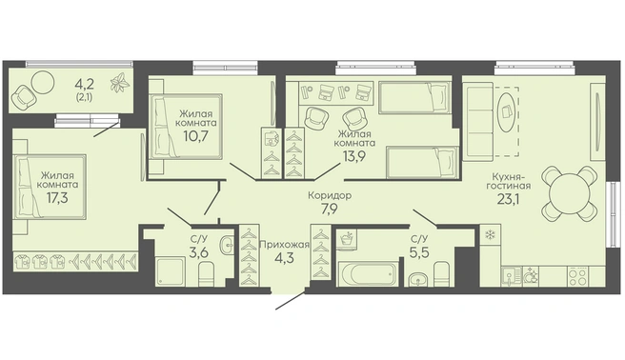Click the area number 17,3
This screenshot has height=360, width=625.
tap(57, 197)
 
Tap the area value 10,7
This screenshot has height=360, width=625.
tap(196, 136)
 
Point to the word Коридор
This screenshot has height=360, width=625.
tap(330, 195)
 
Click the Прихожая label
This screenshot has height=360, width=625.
tap(284, 245)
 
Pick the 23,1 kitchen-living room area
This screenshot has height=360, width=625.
tap(508, 198)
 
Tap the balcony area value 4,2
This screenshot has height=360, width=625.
tap(84, 84)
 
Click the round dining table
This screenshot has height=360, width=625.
tap(569, 193)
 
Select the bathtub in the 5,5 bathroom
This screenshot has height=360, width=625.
tap(368, 274)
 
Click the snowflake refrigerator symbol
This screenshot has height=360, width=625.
tap(489, 235)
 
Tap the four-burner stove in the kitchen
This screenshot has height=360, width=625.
tap(577, 276)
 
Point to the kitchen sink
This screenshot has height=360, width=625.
tap(510, 276)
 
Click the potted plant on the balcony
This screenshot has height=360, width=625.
tap(120, 84)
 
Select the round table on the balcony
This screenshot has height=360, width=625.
tap(42, 82)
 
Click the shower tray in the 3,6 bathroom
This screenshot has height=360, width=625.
tap(171, 272)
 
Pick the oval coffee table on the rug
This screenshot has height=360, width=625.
tap(508, 111)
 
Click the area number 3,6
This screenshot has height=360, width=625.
tap(199, 253)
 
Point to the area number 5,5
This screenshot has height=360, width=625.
tap(420, 252)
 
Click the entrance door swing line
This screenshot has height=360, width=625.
tap(291, 301)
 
